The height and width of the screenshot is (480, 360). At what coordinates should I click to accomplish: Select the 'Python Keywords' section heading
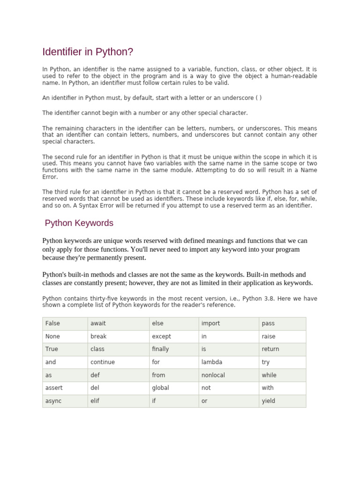(x=79, y=223)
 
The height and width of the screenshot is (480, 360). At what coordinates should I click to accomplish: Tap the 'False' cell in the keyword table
(x=52, y=323)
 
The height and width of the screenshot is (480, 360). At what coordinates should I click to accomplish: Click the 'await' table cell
(x=98, y=323)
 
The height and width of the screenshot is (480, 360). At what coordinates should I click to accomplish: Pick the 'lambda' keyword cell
(x=212, y=362)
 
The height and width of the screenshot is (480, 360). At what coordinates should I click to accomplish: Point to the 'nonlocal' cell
(x=213, y=375)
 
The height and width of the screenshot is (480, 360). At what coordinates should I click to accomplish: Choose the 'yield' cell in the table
(x=269, y=401)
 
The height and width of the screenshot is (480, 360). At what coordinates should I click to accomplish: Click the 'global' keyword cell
(x=160, y=388)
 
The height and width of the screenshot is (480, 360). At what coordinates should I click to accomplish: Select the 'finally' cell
(x=160, y=349)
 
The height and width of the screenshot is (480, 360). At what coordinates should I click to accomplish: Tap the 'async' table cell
(x=53, y=401)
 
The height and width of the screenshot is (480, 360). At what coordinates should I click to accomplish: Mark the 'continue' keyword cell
(x=103, y=362)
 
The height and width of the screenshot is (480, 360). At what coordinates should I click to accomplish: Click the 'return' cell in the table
(x=270, y=349)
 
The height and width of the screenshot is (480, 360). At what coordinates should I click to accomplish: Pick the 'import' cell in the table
(x=210, y=323)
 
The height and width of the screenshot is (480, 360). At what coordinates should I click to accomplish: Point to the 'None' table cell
(x=52, y=336)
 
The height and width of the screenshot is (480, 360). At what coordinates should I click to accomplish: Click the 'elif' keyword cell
(x=95, y=401)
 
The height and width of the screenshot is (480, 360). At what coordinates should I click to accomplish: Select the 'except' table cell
(x=161, y=336)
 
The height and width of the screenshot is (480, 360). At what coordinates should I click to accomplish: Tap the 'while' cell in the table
(x=269, y=375)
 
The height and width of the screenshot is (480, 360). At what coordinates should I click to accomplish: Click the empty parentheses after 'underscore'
(x=259, y=98)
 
